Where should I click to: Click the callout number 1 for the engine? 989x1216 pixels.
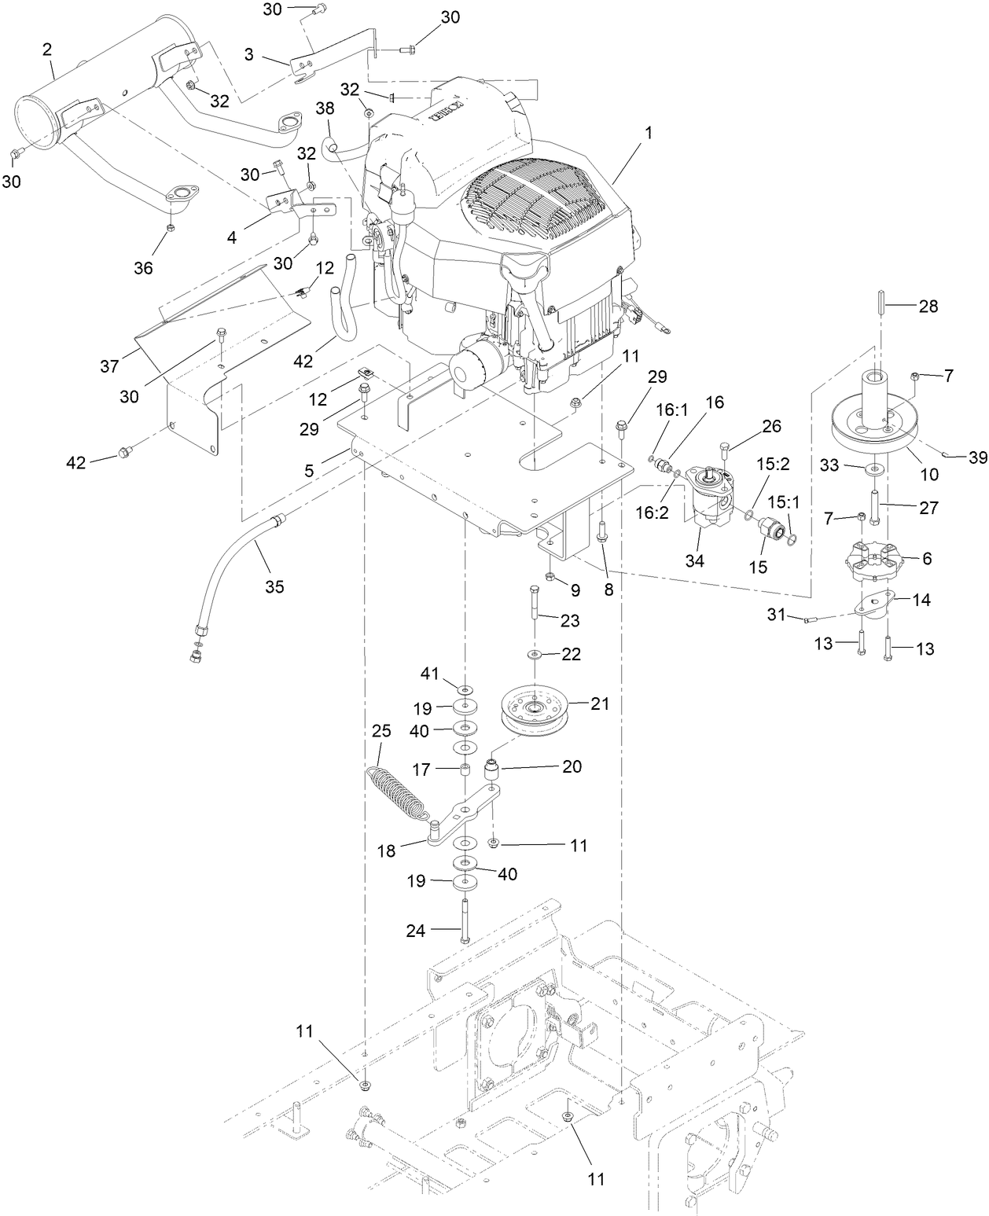click(x=649, y=133)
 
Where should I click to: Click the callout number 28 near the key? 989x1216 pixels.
click(x=928, y=307)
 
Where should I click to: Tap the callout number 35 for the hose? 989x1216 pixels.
click(x=274, y=586)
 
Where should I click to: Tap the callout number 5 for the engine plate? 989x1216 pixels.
click(x=309, y=471)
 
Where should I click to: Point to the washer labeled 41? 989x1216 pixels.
click(x=465, y=691)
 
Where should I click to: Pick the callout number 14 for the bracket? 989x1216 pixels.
click(x=921, y=600)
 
